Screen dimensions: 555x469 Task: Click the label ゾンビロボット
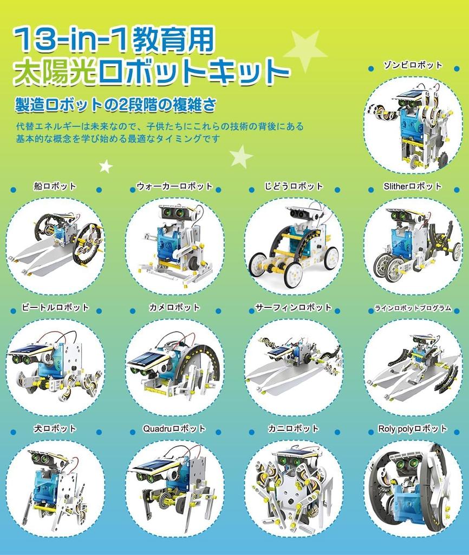tap(413, 65)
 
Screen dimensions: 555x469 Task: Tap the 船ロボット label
tap(55, 186)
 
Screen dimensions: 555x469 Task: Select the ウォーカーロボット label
tap(174, 186)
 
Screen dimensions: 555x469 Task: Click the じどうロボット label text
tap(294, 186)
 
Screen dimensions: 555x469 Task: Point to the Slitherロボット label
tap(413, 186)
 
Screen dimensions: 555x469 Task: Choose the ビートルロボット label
tap(55, 307)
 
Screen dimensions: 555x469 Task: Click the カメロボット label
tap(174, 307)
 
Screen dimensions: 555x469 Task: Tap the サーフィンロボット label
tap(294, 307)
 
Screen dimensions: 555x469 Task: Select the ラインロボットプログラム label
tap(413, 308)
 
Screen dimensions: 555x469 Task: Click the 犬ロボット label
tap(55, 429)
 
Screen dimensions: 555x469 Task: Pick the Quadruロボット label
tap(174, 429)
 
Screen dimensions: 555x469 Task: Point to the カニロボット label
tap(294, 429)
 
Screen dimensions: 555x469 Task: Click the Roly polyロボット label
tap(413, 429)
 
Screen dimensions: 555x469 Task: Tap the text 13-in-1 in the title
tap(60, 39)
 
